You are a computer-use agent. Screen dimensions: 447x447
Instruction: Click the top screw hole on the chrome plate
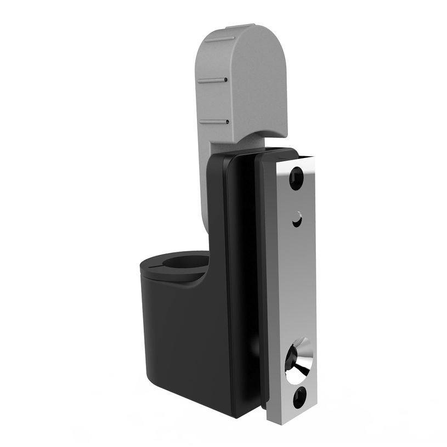pos(296,178)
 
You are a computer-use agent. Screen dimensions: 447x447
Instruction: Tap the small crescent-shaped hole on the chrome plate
pos(297,220)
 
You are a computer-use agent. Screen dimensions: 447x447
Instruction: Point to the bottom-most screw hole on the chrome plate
pos(299,397)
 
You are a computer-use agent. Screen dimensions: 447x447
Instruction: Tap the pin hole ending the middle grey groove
pos(225,80)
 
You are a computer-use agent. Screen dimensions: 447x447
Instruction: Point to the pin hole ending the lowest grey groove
pos(227,121)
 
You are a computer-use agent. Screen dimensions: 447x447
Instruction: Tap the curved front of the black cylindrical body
pos(165,329)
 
